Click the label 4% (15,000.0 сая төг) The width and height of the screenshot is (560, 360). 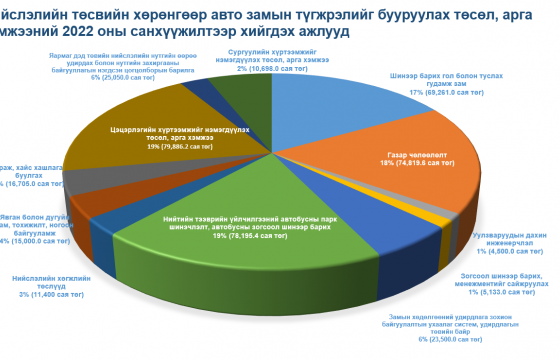click(34, 241)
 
